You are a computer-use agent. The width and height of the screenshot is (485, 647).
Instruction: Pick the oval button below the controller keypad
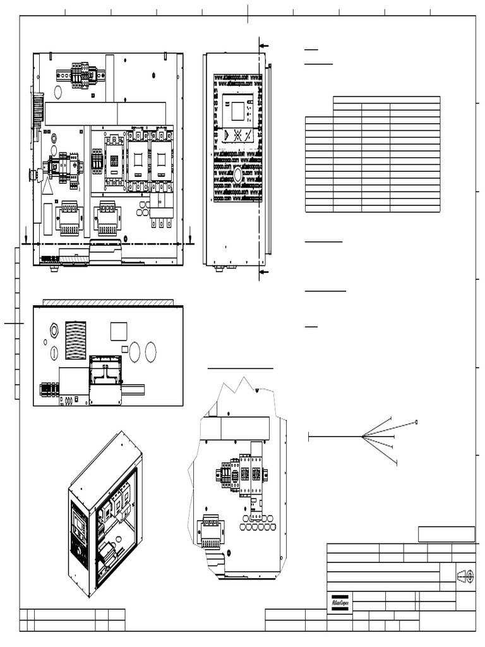[238, 175]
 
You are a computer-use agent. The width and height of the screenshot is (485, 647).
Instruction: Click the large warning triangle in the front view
[47, 188]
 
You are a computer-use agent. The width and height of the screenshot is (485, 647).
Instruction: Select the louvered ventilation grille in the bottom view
[76, 340]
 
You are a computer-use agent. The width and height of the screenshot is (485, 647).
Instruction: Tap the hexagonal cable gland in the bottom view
[54, 330]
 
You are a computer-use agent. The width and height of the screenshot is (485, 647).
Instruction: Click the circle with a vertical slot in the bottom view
[54, 353]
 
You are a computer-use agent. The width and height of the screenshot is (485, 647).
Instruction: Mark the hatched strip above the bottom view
[107, 303]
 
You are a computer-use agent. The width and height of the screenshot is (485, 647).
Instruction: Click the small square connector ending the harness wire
[416, 422]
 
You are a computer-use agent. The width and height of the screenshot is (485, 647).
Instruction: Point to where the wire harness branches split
[362, 437]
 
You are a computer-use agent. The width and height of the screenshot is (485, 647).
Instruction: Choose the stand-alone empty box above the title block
[446, 534]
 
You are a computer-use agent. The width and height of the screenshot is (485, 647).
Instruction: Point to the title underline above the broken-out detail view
[241, 368]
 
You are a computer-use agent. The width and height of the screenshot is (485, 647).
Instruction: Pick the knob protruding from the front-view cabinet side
[32, 174]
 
